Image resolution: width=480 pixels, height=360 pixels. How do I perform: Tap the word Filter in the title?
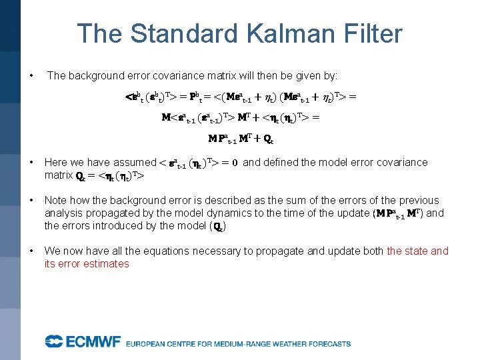click(373, 33)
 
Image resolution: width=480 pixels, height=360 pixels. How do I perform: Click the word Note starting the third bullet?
click(56, 200)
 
